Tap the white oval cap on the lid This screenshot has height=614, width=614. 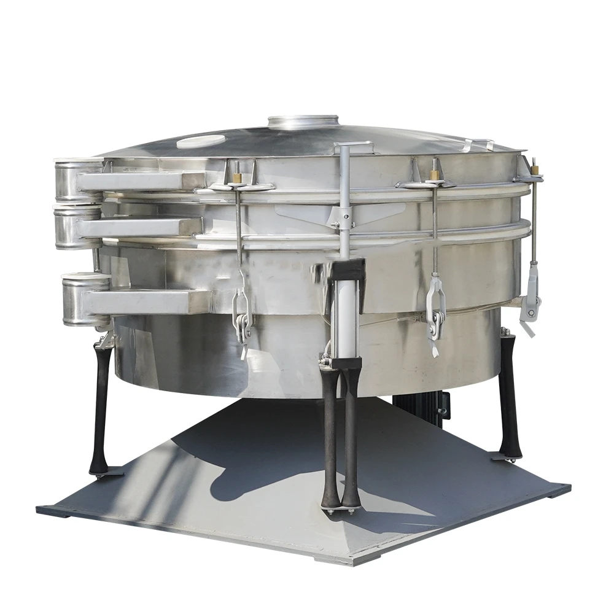pyautogui.click(x=201, y=141)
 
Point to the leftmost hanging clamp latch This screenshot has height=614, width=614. pyautogui.click(x=241, y=313)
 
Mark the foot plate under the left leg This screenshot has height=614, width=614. pyautogui.click(x=106, y=473)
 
